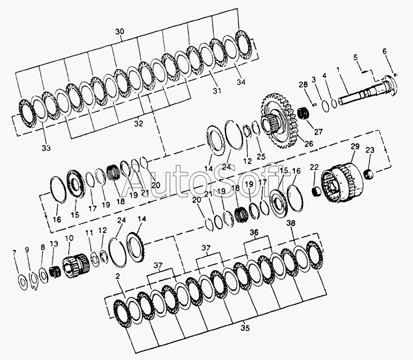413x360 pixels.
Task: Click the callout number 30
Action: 120,32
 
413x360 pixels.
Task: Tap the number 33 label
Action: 46,148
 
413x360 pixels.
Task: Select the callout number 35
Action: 245,328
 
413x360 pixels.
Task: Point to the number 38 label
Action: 291,223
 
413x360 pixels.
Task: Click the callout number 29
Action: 355,146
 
